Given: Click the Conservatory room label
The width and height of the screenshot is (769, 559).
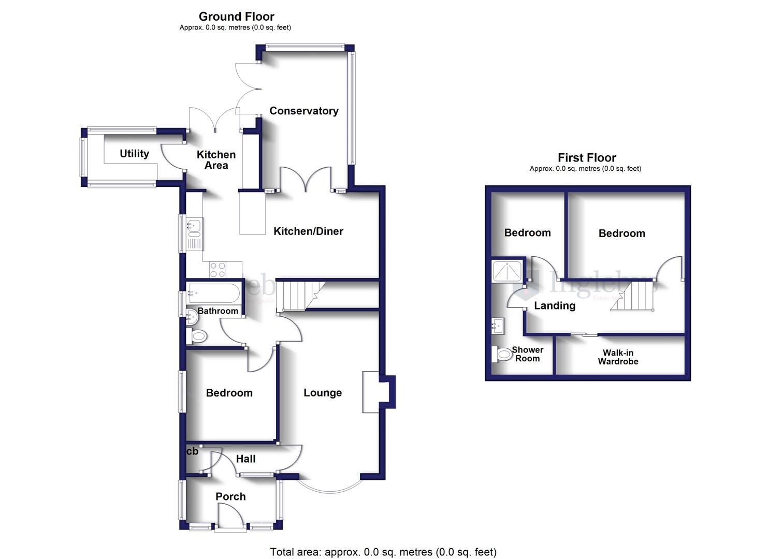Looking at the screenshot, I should pos(303,111).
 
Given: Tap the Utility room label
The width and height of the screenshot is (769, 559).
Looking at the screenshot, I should pos(134,154).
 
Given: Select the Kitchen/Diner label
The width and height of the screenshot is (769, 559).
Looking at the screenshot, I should pos(308,231).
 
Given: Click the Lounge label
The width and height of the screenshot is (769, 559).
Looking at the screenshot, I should pos(322,393).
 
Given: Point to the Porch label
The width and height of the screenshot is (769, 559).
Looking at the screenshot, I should pos(230,497).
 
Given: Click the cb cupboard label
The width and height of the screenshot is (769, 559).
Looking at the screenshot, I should pos(192,451).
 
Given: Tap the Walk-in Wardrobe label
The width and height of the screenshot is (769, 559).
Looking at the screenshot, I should pos(618,357).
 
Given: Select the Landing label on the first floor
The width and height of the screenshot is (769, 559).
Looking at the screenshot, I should pos(555,306).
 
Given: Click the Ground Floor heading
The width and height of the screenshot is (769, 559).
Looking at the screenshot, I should pos(236,17).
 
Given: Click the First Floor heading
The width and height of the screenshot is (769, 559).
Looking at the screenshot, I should pos(587,158).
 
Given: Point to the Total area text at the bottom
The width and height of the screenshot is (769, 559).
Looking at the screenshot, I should pos(383,552).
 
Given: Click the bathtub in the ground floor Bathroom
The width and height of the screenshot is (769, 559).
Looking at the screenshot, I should pos(213,294).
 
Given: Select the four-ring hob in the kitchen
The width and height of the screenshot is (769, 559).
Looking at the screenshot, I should pos(217,270).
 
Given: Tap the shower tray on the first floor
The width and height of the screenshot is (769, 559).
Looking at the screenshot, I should pos(507,271).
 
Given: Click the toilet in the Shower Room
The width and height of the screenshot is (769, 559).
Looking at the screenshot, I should pos(502,355).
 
